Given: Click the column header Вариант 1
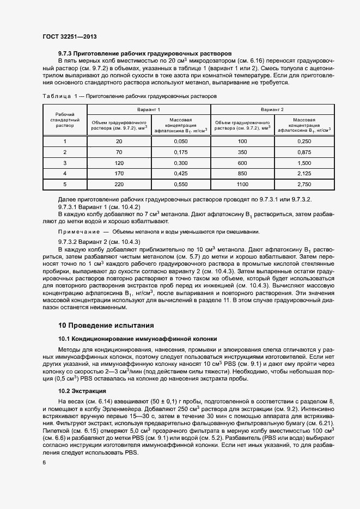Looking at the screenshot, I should pos(148,110).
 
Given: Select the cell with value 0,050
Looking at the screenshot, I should pos(180,141).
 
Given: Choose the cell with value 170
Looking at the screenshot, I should pos(119,174).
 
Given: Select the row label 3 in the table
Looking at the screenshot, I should pos(65,163).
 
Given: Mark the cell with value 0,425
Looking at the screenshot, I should pos(180,174).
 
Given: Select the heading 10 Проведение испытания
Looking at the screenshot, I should pos(102,326).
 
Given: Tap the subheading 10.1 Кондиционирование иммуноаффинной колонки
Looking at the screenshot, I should pos(138,339).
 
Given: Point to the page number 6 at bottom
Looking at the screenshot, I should pos(44,462).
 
